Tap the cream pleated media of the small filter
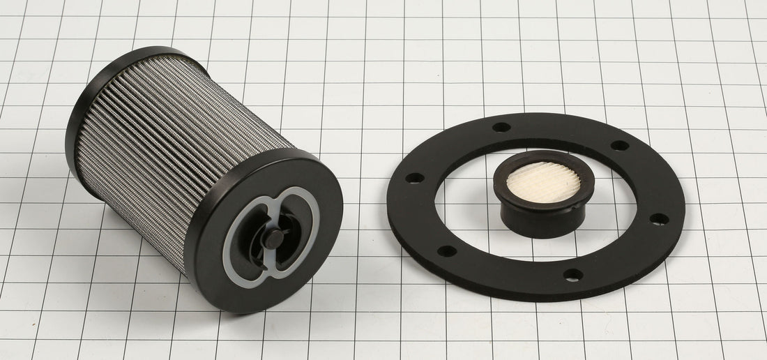[x=543, y=182]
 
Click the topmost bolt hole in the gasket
[x=501, y=127]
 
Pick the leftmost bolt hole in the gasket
[x=414, y=178]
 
